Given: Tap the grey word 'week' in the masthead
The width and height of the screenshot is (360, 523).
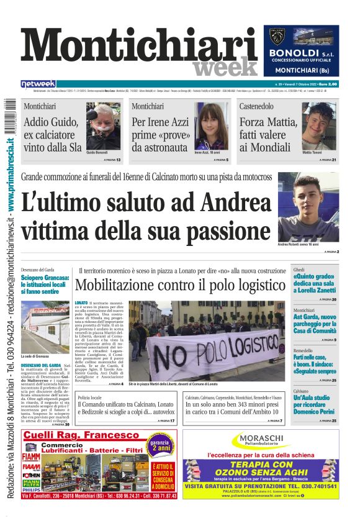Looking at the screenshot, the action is coord(225,67).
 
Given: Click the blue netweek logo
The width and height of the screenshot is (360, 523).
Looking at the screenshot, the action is coord(38,84).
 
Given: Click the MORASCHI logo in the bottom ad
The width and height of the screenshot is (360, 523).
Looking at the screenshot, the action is coord(261,440).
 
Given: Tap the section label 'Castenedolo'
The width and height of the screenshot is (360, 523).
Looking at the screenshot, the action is coord(256,106).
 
